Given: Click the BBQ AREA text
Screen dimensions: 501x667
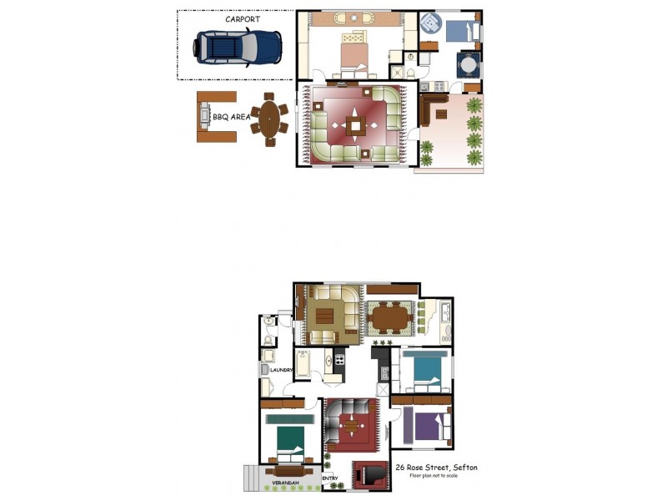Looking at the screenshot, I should [x=231, y=118].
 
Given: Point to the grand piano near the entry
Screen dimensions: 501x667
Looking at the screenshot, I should [x=368, y=475].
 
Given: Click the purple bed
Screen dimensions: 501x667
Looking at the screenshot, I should [x=427, y=427].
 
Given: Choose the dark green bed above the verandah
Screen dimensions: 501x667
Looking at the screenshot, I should [x=289, y=439].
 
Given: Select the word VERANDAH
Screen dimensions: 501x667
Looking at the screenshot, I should [x=284, y=484].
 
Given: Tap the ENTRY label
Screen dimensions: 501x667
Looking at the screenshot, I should [x=330, y=478].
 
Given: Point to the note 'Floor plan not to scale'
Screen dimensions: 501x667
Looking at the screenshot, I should [x=434, y=476].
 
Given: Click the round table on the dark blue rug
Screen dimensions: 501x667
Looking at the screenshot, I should [x=468, y=63].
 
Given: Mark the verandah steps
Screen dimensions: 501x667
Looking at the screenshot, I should [x=250, y=478].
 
